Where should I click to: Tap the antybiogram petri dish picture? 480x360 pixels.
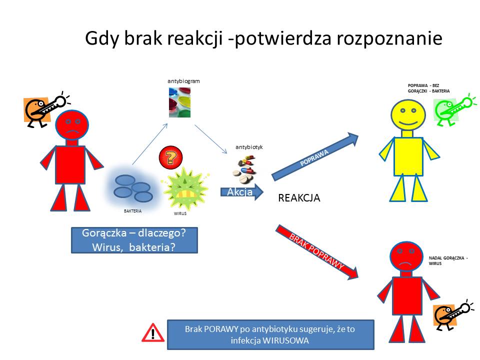179,102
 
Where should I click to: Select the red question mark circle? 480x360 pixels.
171,157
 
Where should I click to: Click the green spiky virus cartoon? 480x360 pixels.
185,188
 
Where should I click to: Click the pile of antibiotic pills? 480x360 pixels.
244,169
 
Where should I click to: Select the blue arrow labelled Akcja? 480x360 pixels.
242,192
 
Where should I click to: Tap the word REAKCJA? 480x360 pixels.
299,198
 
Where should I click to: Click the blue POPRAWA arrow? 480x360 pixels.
315,156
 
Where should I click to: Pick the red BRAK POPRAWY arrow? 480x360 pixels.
317,252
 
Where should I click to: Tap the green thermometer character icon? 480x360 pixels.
454,109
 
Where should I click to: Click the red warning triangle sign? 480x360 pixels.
153,333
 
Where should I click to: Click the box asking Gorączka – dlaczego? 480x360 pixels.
134,240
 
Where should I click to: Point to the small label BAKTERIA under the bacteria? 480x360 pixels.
132,211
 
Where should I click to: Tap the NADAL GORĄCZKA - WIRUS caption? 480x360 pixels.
448,260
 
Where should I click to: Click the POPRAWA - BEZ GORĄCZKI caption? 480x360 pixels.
428,88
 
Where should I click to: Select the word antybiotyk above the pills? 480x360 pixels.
249,147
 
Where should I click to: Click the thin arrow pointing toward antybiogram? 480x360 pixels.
150,144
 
